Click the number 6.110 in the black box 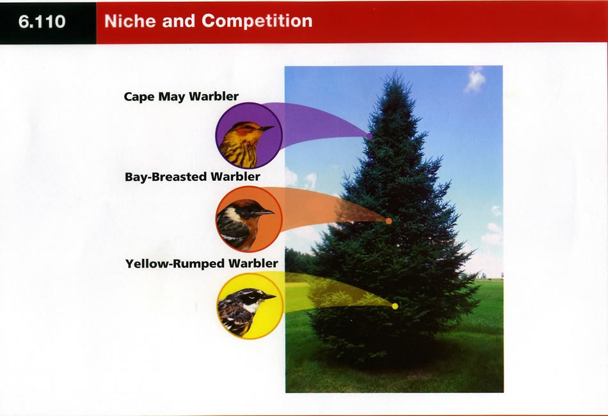coord(42,21)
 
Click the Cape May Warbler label coord(181,96)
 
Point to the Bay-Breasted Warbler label coord(193,177)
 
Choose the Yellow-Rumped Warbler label coord(202,264)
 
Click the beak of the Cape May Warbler coord(267,128)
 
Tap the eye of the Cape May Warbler coord(248,127)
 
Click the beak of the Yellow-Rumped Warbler coord(268,297)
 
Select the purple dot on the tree coord(369,136)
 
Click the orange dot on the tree coord(388,221)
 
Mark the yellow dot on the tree coord(395,306)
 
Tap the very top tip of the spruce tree coord(396,72)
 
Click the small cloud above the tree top coord(475,80)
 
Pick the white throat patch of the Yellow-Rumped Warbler coord(252,307)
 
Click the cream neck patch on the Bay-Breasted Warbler coord(233,213)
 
